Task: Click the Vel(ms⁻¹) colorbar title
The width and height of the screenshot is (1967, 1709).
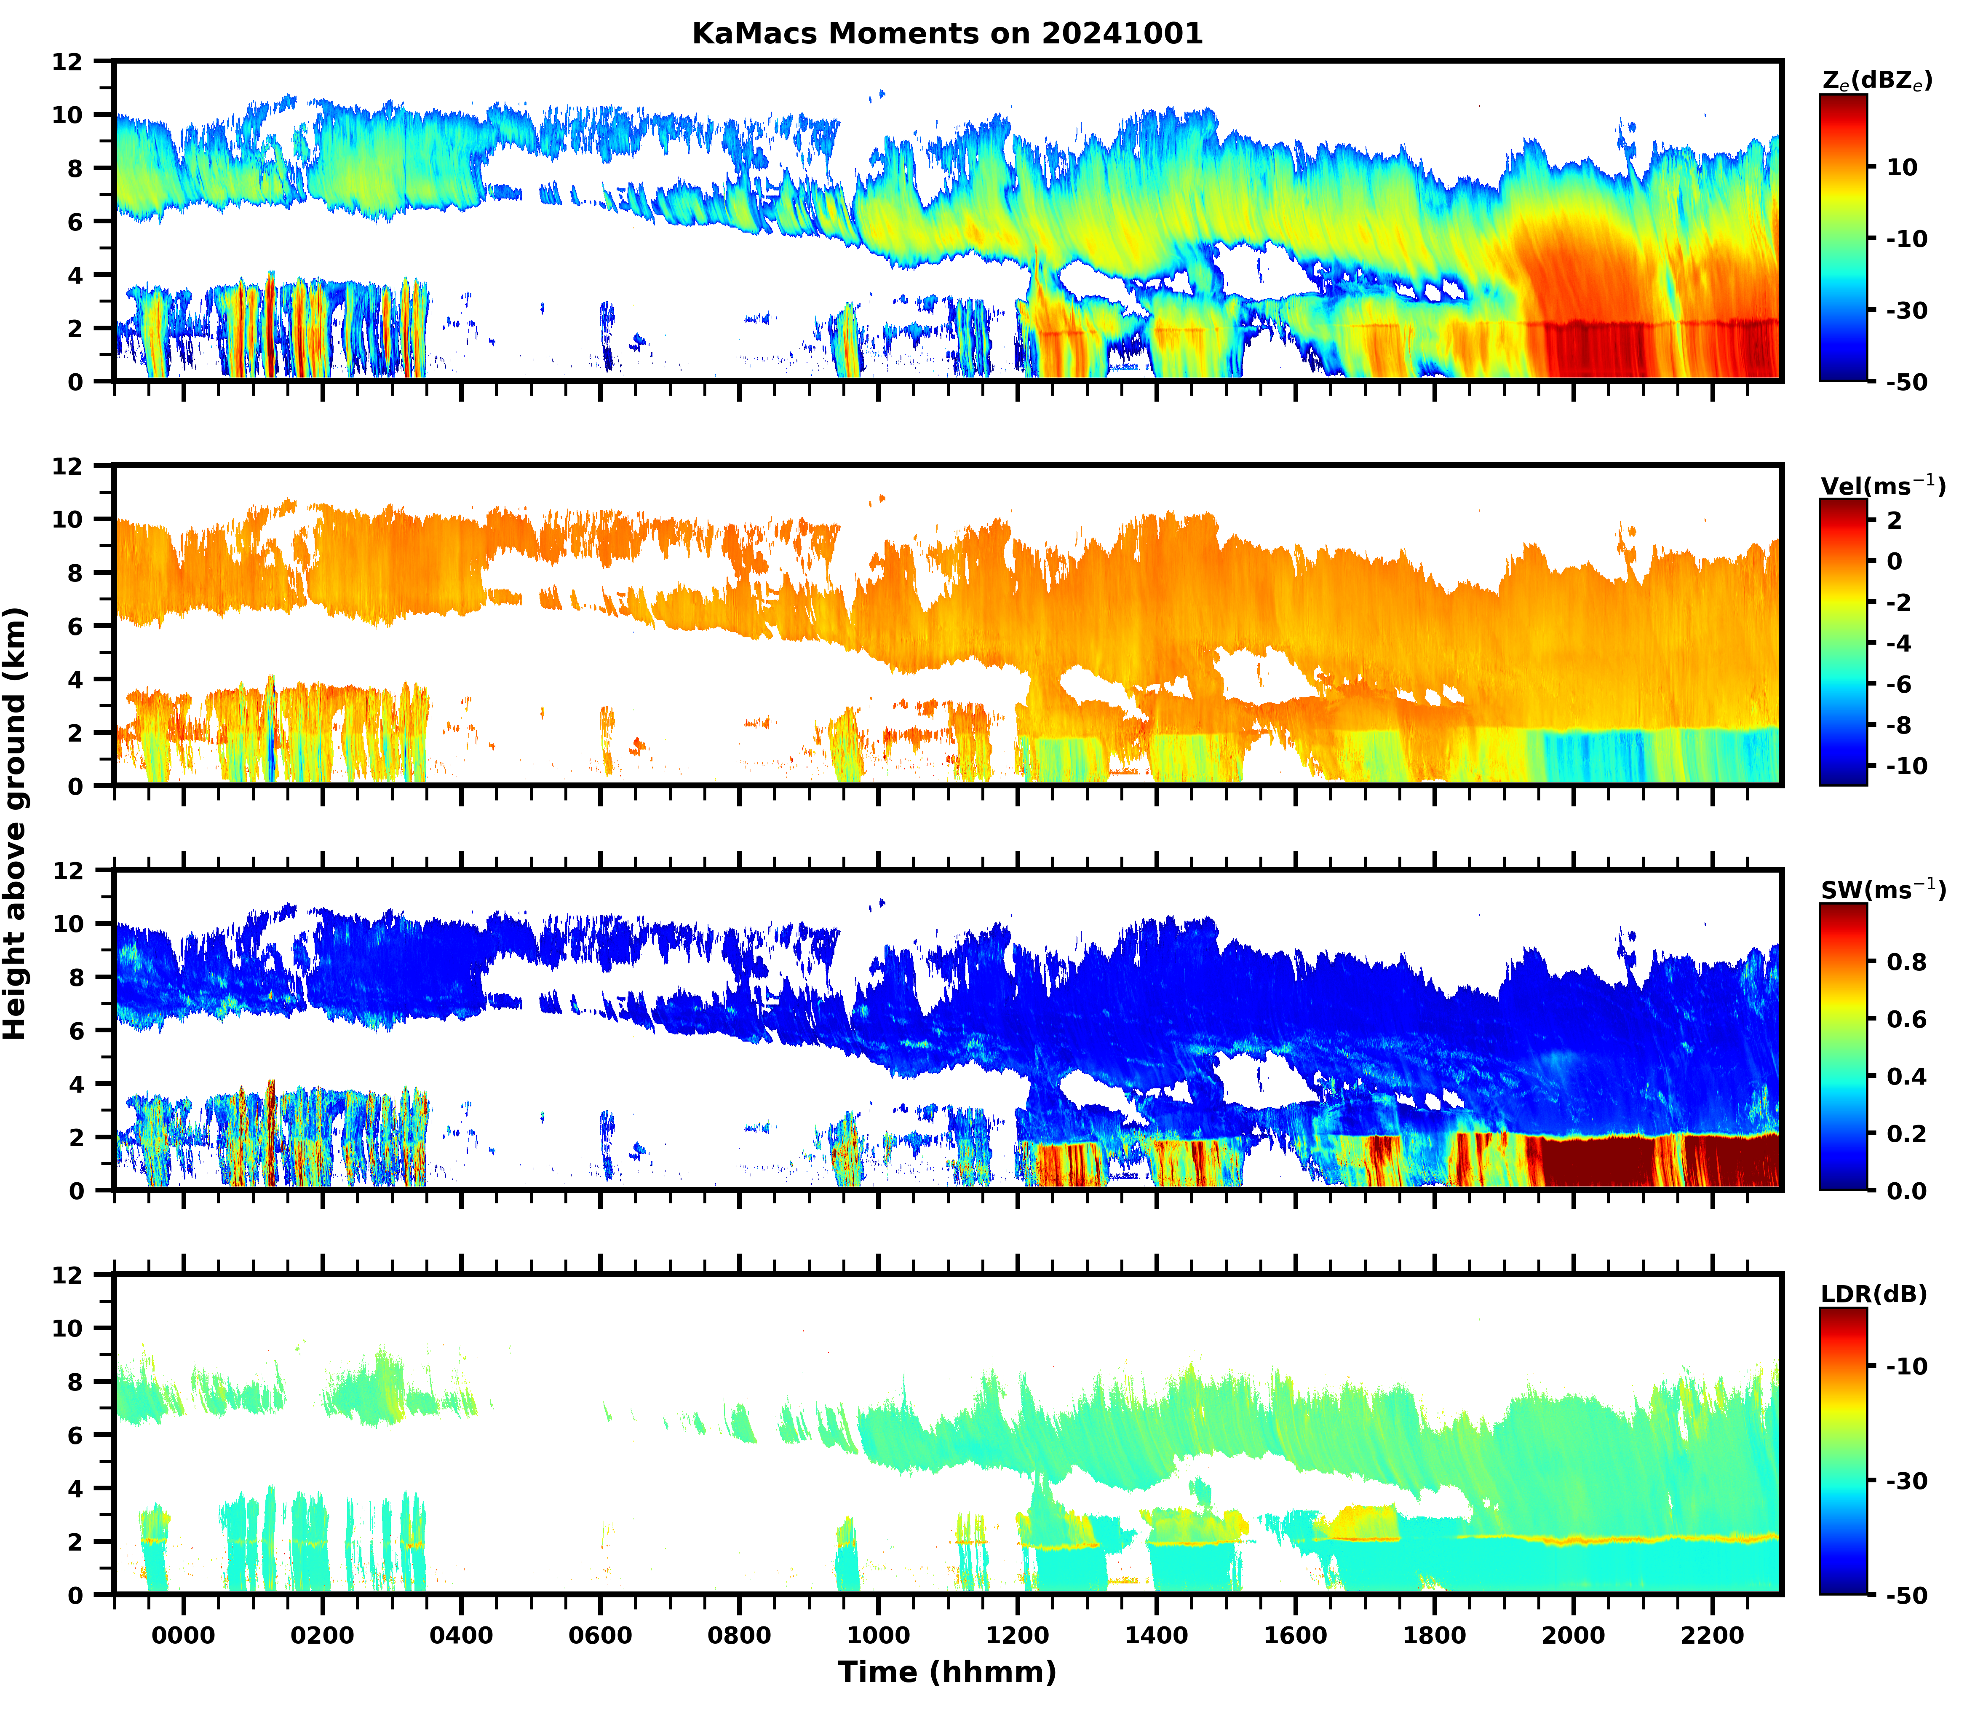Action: click(x=1882, y=485)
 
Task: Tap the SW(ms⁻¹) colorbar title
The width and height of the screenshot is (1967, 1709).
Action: click(x=1882, y=890)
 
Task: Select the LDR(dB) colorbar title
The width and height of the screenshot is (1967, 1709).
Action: click(x=1873, y=1294)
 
